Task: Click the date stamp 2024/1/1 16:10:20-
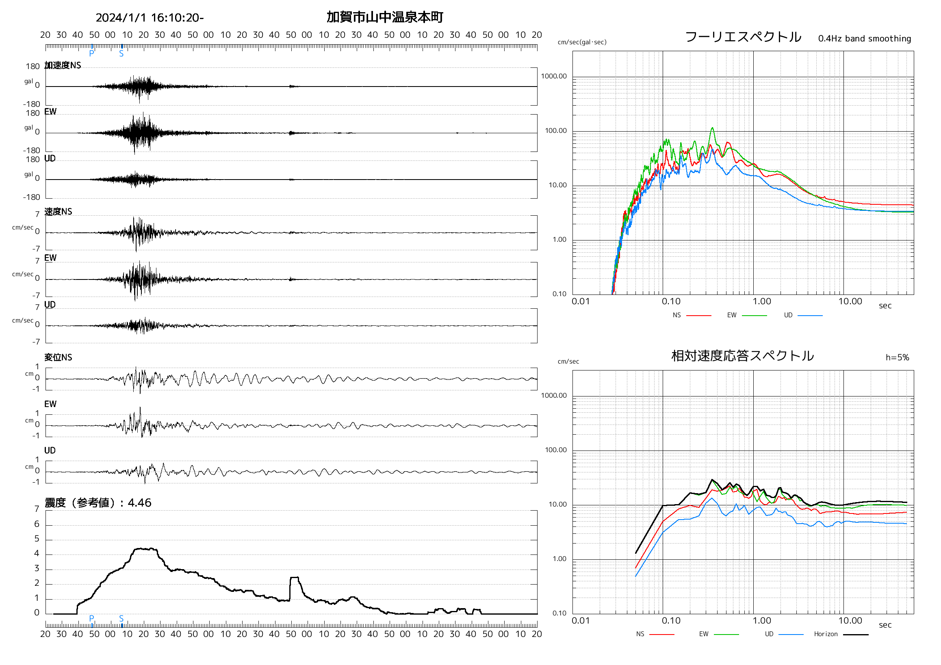point(150,17)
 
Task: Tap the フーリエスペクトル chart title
point(743,37)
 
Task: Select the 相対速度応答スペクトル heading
point(742,356)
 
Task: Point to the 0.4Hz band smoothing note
point(864,39)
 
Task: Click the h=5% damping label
point(897,358)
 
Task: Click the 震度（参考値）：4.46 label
point(98,503)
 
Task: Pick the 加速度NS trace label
point(63,65)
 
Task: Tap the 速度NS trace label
point(58,211)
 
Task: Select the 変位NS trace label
point(58,357)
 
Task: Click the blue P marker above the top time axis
point(92,53)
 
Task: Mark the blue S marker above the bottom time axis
point(121,618)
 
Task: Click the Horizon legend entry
point(826,634)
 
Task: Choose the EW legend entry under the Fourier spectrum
point(732,315)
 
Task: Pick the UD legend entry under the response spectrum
point(769,634)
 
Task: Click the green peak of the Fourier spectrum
point(712,128)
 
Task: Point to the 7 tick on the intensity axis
point(37,509)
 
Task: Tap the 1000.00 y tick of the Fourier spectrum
point(554,76)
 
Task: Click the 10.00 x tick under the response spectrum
point(850,621)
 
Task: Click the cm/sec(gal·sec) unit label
point(582,42)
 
